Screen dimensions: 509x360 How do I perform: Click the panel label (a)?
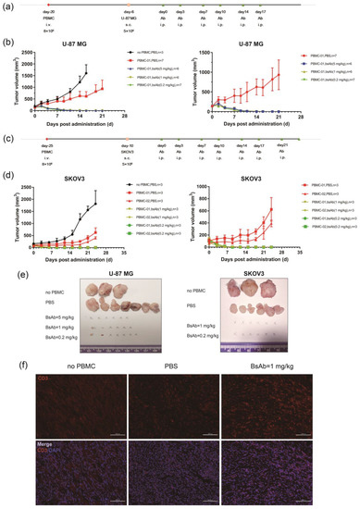click(x=7, y=7)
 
